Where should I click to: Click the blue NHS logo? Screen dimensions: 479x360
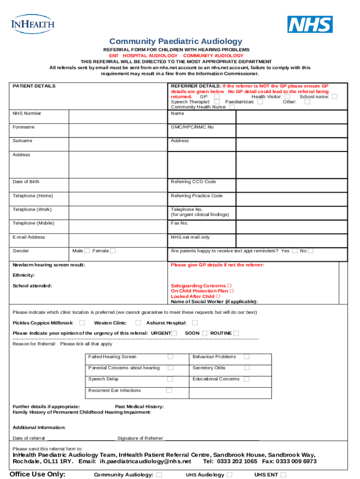[x=310, y=24]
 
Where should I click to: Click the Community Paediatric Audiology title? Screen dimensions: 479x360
[x=176, y=42]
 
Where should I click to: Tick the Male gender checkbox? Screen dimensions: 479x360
[x=87, y=251]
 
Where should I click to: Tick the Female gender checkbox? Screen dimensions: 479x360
[x=113, y=251]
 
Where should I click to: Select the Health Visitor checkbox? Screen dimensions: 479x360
[x=287, y=97]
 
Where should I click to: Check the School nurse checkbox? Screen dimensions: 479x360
[x=335, y=97]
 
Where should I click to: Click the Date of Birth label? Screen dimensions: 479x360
[x=26, y=181]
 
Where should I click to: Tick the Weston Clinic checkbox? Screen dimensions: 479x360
[x=138, y=323]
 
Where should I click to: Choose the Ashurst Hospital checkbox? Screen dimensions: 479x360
[x=195, y=323]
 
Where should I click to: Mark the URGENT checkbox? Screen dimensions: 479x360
[x=174, y=333]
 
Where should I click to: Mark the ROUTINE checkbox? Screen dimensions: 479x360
[x=236, y=333]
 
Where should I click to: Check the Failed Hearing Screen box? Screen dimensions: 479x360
[x=170, y=357]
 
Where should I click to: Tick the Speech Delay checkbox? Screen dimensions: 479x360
[x=170, y=379]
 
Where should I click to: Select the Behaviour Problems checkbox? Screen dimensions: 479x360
[x=246, y=357]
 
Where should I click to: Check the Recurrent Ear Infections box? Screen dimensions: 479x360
[x=169, y=391]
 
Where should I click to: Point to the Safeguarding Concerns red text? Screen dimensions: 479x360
[x=198, y=286]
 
